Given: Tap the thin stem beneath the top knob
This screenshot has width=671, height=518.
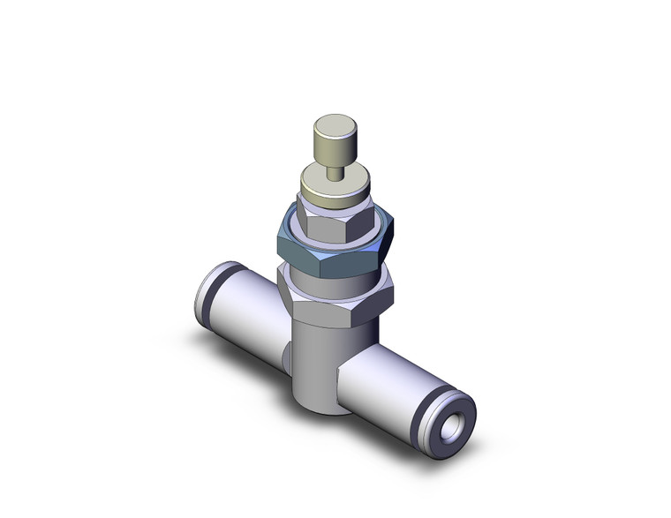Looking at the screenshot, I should click(333, 170).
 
